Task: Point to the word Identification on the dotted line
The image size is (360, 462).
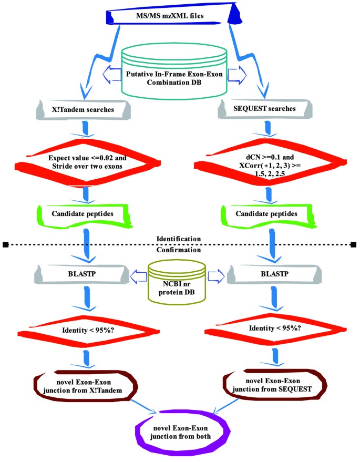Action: click(x=179, y=239)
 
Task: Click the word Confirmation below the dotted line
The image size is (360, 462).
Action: click(x=179, y=250)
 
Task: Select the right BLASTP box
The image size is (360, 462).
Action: click(x=269, y=274)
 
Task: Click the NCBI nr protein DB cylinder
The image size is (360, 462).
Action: click(x=179, y=278)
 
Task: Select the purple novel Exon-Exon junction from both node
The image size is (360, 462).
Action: click(x=180, y=430)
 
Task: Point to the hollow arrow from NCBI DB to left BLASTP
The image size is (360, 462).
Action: click(x=138, y=274)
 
